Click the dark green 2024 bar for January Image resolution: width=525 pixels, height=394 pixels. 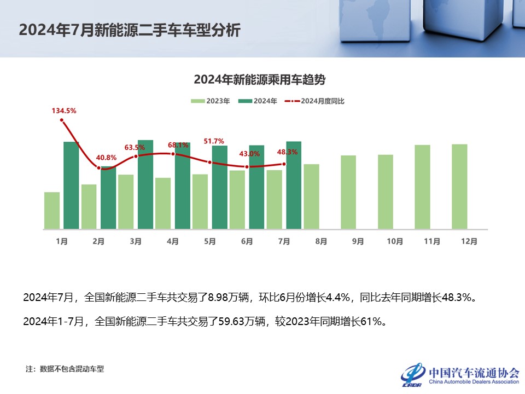(71, 185)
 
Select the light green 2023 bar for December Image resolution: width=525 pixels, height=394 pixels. (459, 186)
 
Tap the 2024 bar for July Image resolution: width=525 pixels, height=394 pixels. (294, 185)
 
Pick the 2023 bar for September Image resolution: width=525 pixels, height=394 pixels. (348, 192)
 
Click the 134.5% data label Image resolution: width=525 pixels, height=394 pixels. (64, 111)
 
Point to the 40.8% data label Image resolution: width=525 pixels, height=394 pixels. (106, 158)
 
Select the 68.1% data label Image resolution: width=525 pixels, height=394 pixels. (178, 145)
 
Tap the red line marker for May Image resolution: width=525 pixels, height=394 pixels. (210, 162)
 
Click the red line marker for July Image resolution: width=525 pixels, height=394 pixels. (284, 164)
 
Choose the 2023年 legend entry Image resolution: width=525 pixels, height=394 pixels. (211, 101)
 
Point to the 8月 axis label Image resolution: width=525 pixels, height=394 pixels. (321, 241)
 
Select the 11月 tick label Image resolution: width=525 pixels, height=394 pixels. (432, 241)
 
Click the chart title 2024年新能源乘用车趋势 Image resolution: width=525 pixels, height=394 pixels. (259, 80)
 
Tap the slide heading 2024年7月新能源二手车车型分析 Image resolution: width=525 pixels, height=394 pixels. (129, 30)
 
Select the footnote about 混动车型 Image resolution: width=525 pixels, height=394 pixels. (65, 369)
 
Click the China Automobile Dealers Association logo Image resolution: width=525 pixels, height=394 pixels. (459, 375)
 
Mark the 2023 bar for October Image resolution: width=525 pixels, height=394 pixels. (386, 192)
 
